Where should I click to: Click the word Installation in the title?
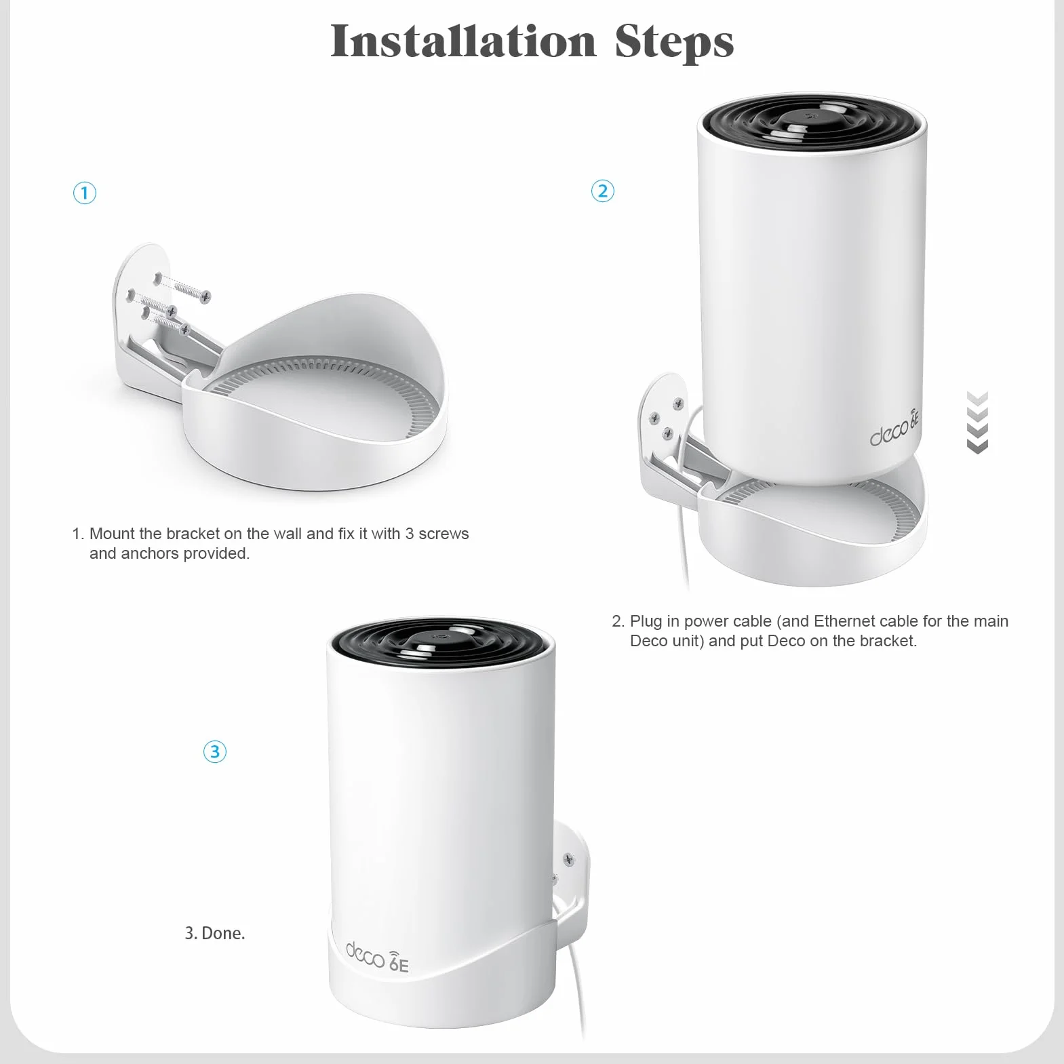tap(464, 41)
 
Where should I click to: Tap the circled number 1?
tap(85, 193)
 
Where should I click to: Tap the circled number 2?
tap(603, 191)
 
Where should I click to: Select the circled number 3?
tap(215, 751)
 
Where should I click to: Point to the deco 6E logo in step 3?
tap(377, 957)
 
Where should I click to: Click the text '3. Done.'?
tap(215, 933)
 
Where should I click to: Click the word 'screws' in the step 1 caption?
tap(444, 534)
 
